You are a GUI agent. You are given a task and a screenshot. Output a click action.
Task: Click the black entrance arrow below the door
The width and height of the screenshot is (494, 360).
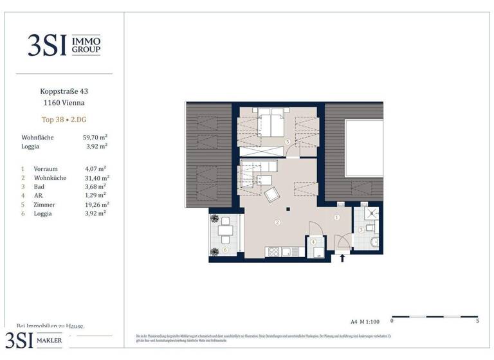pyautogui.click(x=342, y=258)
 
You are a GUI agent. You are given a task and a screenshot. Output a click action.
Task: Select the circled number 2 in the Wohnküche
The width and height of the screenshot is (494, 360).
pyautogui.click(x=277, y=223)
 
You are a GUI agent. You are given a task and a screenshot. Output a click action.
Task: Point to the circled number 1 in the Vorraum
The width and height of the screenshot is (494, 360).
pyautogui.click(x=336, y=217)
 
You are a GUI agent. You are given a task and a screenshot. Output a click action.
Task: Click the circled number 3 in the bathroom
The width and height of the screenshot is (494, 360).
pyautogui.click(x=361, y=230)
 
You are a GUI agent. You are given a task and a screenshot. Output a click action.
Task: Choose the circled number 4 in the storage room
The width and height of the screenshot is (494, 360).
pyautogui.click(x=314, y=242)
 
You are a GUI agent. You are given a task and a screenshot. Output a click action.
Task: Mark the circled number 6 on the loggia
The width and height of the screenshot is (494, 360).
pyautogui.click(x=224, y=249)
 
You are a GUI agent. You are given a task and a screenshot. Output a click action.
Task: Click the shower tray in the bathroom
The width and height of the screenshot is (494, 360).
pyautogui.click(x=370, y=214)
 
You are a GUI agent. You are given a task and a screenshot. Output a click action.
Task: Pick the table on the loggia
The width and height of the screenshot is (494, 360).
pyautogui.click(x=224, y=230)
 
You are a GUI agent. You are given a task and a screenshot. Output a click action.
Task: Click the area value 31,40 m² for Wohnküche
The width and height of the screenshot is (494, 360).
pyautogui.click(x=96, y=177)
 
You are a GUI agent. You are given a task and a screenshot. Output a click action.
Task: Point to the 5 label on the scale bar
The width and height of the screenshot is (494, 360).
pyautogui.click(x=477, y=320)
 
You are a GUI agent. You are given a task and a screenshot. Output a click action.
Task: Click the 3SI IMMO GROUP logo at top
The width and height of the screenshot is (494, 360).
pyautogui.click(x=63, y=44)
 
